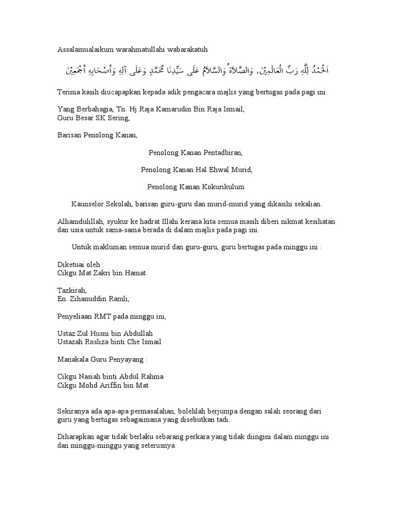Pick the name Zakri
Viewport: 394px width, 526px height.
click(x=102, y=273)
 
